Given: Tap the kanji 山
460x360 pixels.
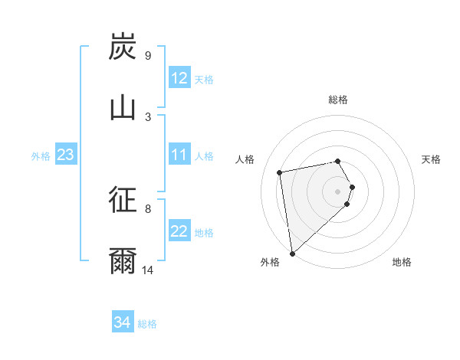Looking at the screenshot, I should coord(123,107).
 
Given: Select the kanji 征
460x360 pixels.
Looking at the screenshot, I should coord(123,201).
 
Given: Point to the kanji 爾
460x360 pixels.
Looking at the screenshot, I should coord(123,261).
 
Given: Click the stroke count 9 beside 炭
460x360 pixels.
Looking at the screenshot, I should coord(148,56).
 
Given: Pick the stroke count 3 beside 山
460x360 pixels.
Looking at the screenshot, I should coord(148,116).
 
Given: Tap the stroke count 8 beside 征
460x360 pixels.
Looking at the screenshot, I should coord(148,208).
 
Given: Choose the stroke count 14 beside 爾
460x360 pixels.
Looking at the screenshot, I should coord(148,270).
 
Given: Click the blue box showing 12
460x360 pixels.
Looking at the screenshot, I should coord(179,78).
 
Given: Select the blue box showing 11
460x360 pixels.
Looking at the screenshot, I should coord(179,155).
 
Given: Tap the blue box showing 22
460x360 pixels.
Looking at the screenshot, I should coord(179,232).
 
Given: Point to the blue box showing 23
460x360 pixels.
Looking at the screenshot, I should coord(65,155).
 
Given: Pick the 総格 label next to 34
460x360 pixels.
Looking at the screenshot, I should coord(147,324).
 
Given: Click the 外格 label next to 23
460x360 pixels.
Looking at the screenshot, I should coord(41,156).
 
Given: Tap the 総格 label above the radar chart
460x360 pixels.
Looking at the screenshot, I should coord(338,100).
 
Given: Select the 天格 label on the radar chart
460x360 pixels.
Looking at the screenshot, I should coord(432,159).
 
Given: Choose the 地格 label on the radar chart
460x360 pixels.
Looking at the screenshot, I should coord(402,262).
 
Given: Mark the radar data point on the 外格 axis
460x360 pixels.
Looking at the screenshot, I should coord(292,253).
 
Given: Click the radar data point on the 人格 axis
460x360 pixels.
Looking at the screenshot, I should coord(280,172).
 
